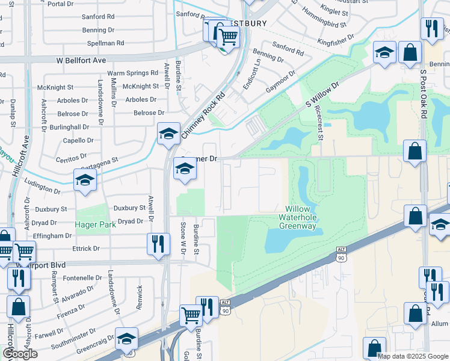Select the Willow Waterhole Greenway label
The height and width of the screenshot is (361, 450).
pyautogui.click(x=297, y=218)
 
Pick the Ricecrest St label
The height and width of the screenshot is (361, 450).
pyautogui.click(x=319, y=124)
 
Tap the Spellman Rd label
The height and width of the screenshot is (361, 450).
pyautogui.click(x=105, y=43)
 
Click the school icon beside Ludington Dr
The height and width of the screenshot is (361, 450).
pyautogui.click(x=85, y=180)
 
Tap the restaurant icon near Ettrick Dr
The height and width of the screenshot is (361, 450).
pyautogui.click(x=158, y=244)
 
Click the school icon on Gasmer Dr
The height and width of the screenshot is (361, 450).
pyautogui.click(x=185, y=170)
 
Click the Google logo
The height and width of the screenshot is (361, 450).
pyautogui.click(x=20, y=354)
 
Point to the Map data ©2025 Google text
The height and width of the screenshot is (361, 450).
pyautogui.click(x=413, y=356)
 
